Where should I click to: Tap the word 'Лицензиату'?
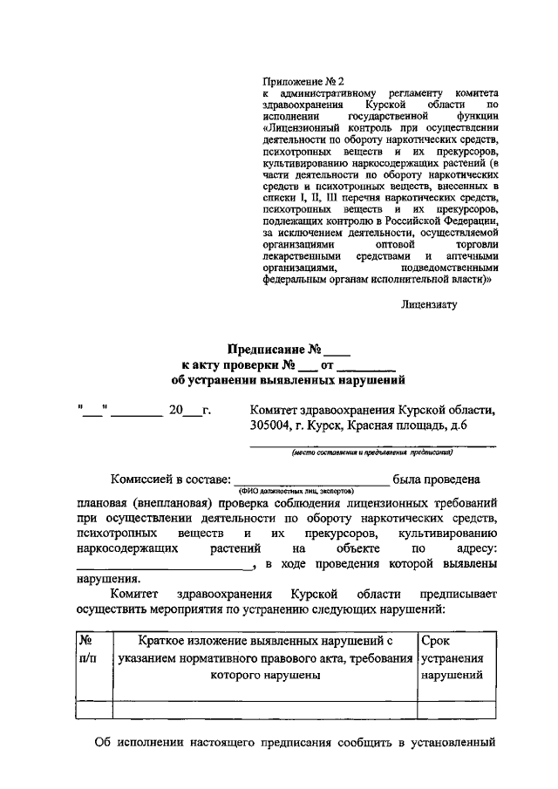tap(429, 304)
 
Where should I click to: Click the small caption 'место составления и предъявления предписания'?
tap(372, 452)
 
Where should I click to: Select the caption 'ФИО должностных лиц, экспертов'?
tap(311, 492)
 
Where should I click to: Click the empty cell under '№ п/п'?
tap(94, 710)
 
